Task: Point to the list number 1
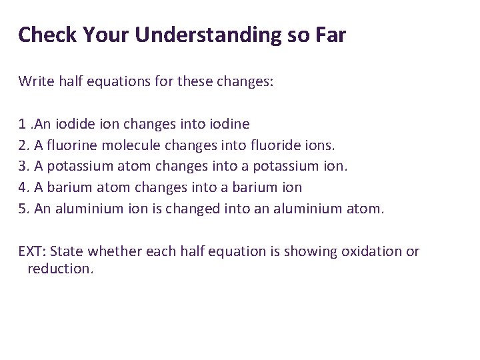(x=23, y=124)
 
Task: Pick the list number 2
(x=23, y=145)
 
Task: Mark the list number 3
(x=23, y=167)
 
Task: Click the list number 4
(x=23, y=188)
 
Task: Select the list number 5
(x=23, y=209)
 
